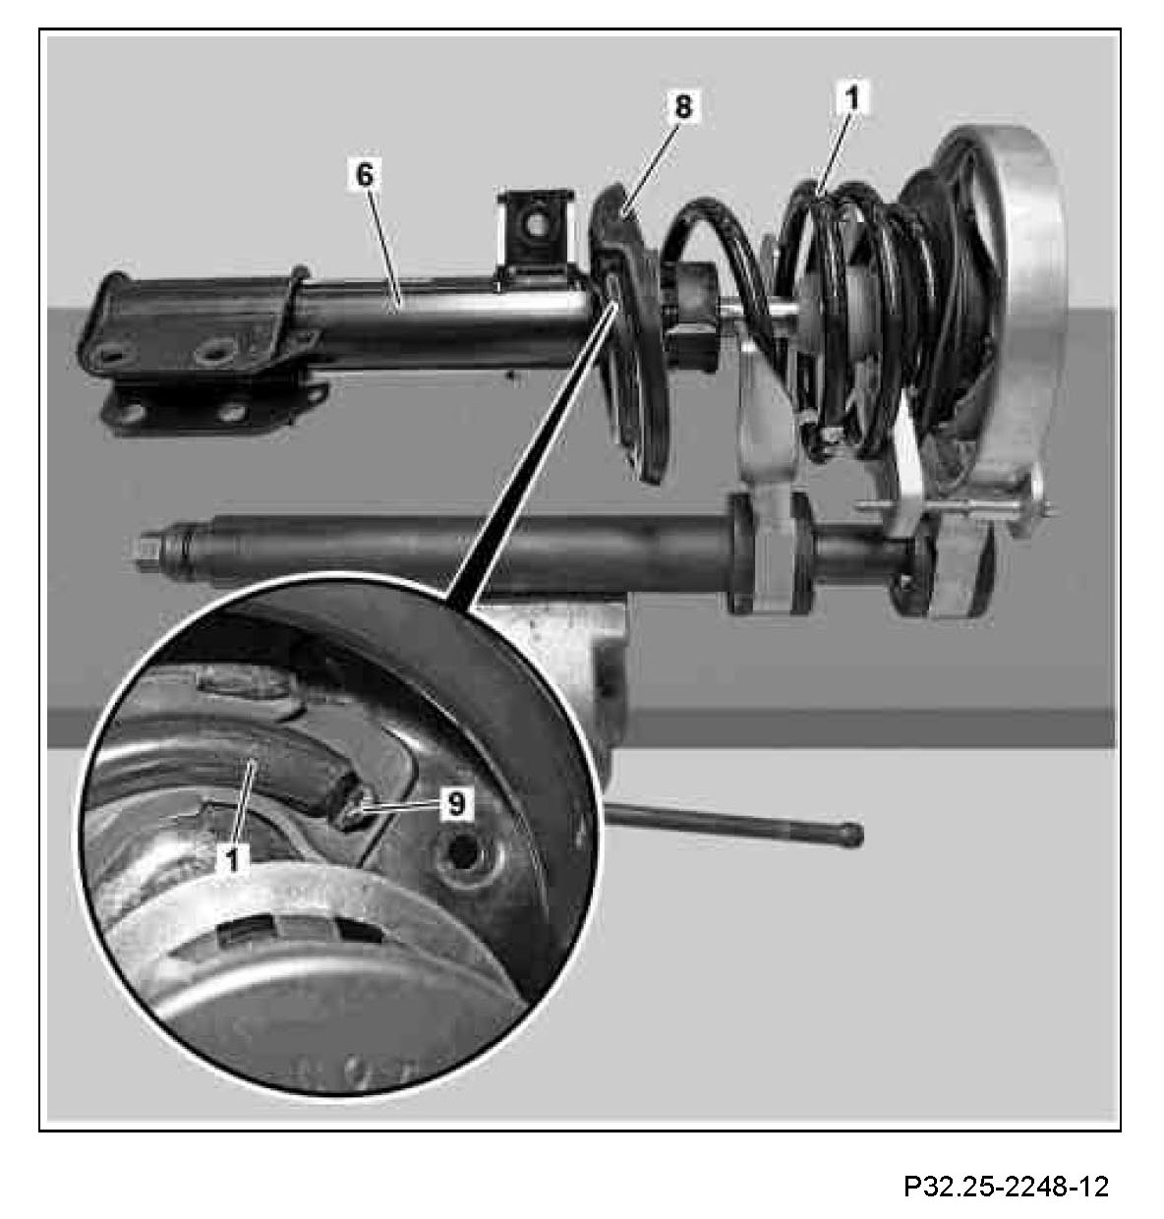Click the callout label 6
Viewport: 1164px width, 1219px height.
pos(365,174)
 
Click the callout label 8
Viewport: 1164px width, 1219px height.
pos(682,105)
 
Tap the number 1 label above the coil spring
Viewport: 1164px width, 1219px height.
pos(851,97)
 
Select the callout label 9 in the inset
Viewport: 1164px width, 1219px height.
pos(455,802)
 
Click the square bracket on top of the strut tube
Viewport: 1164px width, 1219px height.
pos(537,232)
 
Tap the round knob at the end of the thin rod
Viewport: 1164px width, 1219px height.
pos(853,835)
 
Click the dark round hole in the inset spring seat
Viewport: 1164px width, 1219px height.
pos(462,850)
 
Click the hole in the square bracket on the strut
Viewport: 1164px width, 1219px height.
pos(535,225)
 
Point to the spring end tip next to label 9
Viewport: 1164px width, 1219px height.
pos(348,805)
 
